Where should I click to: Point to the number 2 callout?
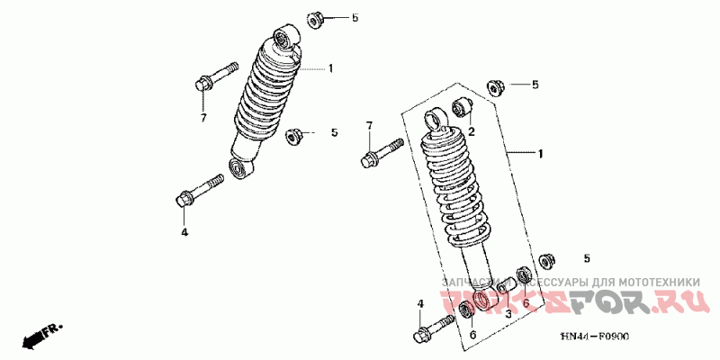point(470,131)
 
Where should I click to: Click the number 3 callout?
point(508,314)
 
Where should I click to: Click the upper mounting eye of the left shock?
point(285,37)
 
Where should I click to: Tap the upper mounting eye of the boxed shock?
point(436,119)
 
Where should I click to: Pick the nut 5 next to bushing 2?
point(493,85)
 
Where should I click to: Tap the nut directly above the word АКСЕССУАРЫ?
point(544,260)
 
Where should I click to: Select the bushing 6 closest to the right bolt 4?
point(466,311)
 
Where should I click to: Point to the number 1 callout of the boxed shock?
point(541,154)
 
